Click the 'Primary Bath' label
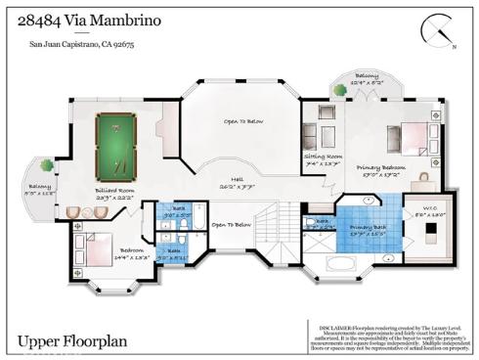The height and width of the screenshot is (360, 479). tap(368, 232)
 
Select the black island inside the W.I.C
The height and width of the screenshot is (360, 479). tap(432, 231)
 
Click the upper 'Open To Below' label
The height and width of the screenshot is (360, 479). tap(239, 120)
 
